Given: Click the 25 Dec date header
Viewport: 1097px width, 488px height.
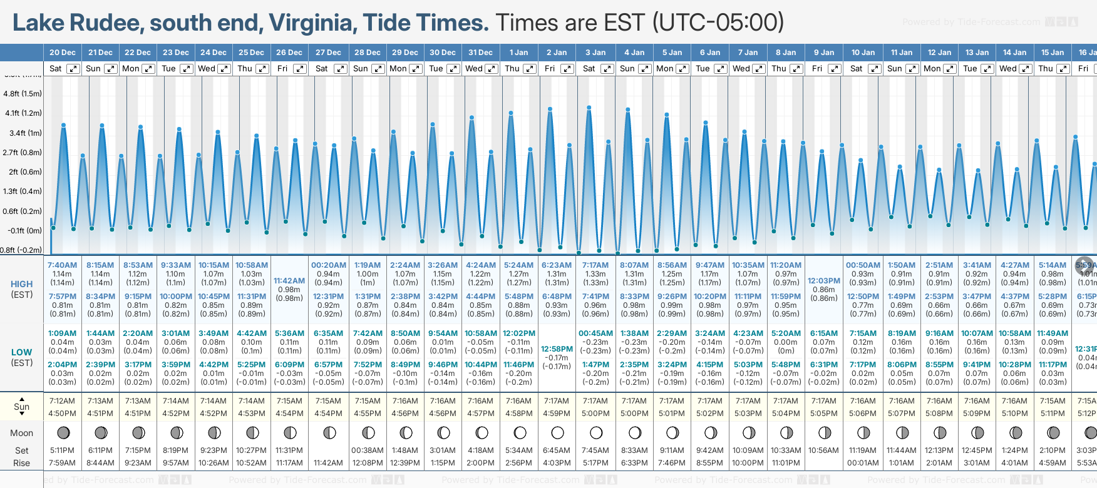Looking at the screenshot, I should [251, 53].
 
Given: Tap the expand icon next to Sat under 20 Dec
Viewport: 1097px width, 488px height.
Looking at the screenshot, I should [73, 69].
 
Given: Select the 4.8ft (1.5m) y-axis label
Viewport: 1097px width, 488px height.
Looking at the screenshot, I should [23, 94].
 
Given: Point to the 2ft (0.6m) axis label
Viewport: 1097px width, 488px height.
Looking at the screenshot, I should [23, 172].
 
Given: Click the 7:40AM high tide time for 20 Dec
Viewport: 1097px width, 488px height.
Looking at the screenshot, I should [62, 265].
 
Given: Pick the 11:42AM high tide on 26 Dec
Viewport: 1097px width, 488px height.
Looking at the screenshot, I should [289, 281].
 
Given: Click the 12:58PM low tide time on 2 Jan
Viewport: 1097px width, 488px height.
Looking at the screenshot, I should [557, 349].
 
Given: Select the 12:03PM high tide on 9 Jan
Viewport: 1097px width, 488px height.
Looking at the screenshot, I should [823, 281].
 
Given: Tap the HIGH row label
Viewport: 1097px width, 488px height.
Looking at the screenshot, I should [21, 284].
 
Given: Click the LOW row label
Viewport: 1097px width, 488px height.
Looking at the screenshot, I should [21, 352].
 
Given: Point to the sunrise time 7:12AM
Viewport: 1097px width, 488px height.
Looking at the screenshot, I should [62, 401].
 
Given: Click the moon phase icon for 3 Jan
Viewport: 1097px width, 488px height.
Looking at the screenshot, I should [595, 432].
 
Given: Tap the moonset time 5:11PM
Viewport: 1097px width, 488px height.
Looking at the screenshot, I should [62, 450].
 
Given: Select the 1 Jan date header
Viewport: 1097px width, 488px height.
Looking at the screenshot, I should [518, 53].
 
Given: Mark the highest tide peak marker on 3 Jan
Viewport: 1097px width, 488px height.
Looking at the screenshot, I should [589, 108].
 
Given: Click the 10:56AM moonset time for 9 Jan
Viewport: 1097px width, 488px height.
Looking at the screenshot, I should [823, 450].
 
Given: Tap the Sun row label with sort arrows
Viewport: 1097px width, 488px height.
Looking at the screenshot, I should [21, 407].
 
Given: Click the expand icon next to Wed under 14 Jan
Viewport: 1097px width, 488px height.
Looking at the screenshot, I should [1026, 69].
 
